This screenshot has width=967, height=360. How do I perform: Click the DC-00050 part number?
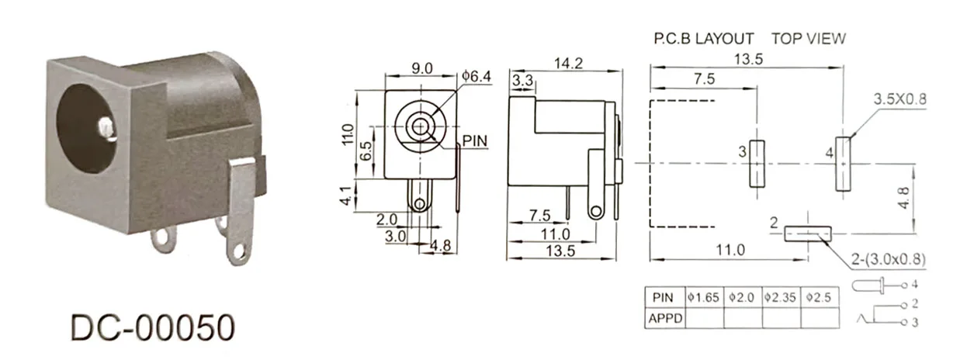pyautogui.click(x=152, y=328)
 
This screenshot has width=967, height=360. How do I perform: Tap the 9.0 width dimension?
pyautogui.click(x=422, y=68)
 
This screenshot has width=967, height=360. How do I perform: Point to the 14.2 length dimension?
pyautogui.click(x=568, y=64)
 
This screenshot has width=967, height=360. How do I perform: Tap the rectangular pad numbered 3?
pyautogui.click(x=757, y=164)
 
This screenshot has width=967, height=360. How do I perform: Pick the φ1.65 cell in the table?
pyautogui.click(x=704, y=297)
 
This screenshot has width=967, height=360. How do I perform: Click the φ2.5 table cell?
pyautogui.click(x=820, y=297)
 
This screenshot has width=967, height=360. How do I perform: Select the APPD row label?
pyautogui.click(x=664, y=317)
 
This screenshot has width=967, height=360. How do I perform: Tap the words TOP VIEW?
pyautogui.click(x=808, y=39)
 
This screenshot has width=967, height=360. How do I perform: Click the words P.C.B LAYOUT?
pyautogui.click(x=703, y=39)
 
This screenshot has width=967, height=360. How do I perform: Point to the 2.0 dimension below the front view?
pyautogui.click(x=386, y=220)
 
